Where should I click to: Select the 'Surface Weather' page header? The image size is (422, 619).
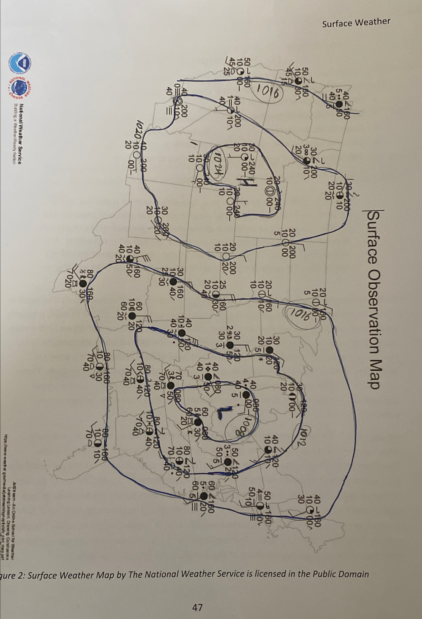click(x=356, y=23)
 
